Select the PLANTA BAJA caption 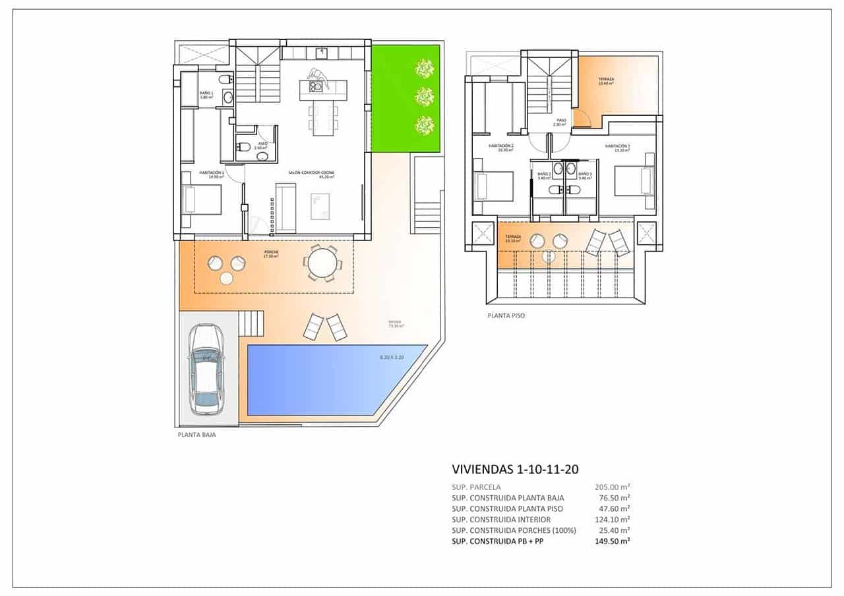196,435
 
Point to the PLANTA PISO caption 506,315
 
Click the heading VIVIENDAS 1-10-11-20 515,470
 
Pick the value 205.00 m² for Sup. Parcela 612,487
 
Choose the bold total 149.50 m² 612,541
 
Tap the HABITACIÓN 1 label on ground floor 212,174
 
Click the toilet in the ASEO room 242,147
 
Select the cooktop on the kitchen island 315,86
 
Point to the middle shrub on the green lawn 423,97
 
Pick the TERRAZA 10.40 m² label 605,81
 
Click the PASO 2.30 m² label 560,122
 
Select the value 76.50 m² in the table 615,498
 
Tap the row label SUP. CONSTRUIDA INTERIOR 501,520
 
